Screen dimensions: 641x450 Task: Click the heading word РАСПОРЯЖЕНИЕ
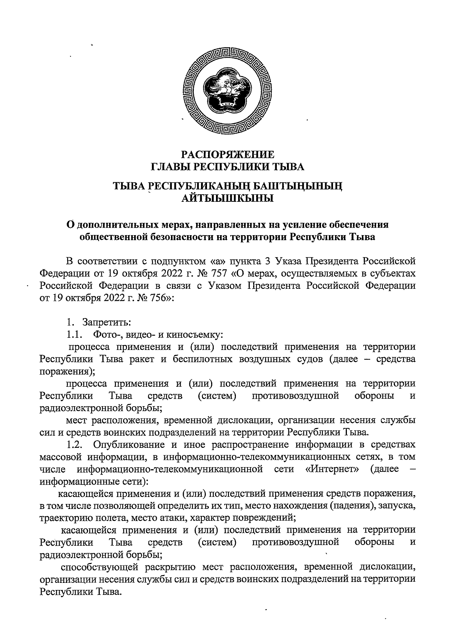228,154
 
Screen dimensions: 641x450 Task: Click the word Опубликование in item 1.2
130,445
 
